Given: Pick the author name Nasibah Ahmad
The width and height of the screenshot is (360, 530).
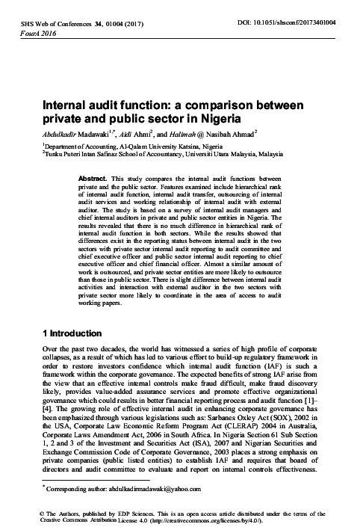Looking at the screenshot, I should [x=235, y=132].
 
